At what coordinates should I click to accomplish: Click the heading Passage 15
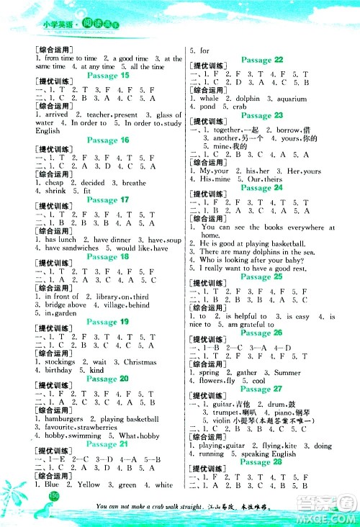point(107,75)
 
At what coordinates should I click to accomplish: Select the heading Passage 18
point(107,256)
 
